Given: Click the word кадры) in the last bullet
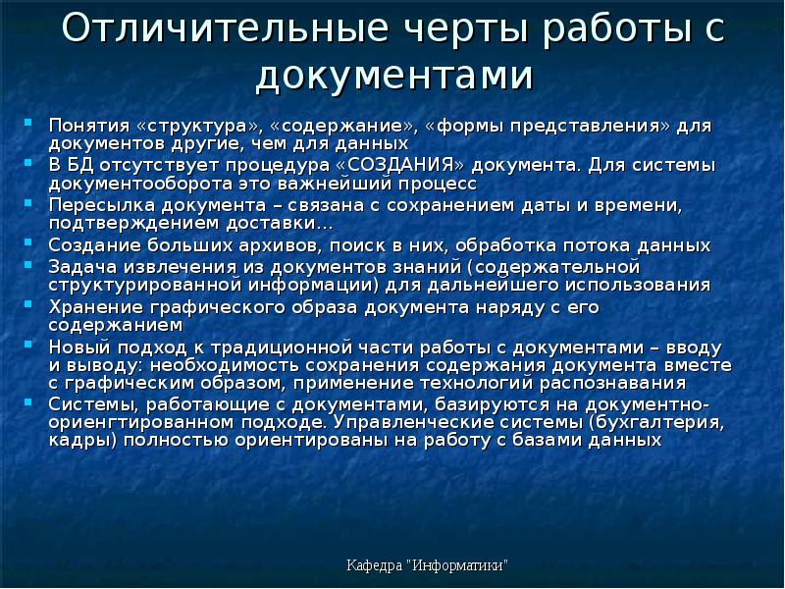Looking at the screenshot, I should [x=78, y=441].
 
